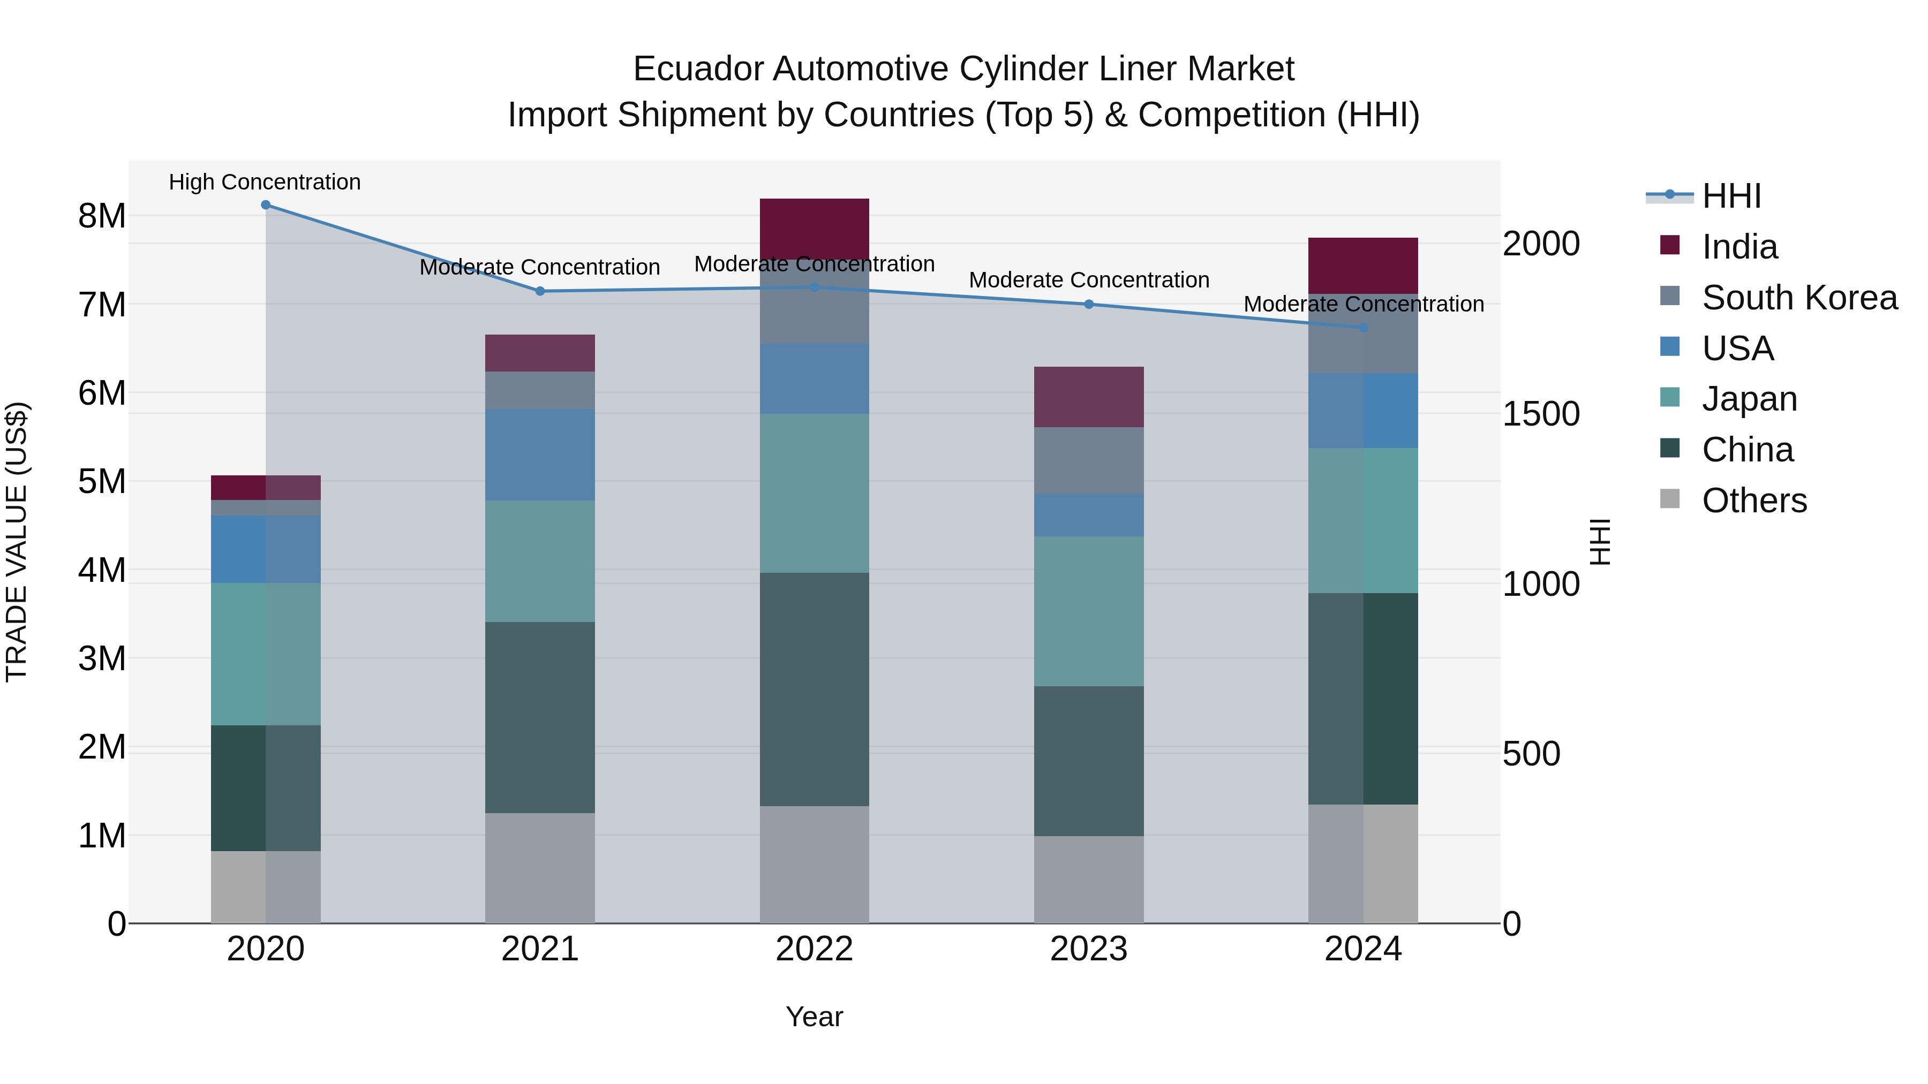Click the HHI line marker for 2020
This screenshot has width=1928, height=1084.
pos(266,205)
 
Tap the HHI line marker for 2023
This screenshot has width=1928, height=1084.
pos(1089,305)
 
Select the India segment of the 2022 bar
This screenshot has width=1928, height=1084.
pos(814,228)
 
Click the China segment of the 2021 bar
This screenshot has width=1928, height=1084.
pos(540,717)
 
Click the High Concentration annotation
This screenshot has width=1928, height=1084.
pos(265,183)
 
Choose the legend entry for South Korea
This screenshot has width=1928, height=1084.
pos(1799,298)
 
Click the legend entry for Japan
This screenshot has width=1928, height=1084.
pos(1749,399)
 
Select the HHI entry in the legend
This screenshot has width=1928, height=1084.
pos(1731,196)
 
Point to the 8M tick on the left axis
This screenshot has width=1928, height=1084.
pos(102,216)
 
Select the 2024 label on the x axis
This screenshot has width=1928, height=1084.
pos(1363,949)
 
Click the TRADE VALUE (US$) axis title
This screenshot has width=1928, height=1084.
pos(17,542)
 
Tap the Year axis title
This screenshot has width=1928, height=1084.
pos(814,1017)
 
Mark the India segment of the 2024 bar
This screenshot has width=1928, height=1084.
pos(1363,266)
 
